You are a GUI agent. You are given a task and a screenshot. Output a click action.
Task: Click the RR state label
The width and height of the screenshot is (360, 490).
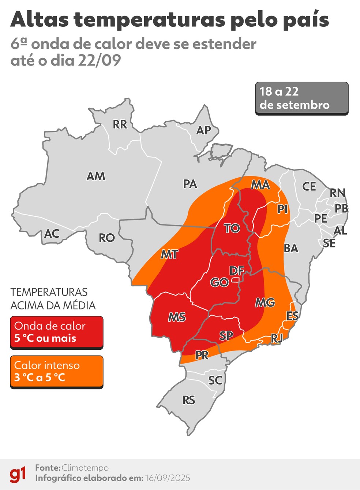click(x=120, y=125)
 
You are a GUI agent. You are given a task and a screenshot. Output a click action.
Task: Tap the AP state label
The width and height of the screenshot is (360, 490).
click(x=203, y=130)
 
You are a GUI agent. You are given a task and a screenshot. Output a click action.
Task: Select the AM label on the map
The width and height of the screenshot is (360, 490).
click(x=96, y=176)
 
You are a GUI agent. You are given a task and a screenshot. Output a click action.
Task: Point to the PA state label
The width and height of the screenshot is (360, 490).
click(x=190, y=184)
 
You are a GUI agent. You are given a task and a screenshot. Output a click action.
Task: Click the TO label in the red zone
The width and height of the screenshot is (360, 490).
click(x=232, y=229)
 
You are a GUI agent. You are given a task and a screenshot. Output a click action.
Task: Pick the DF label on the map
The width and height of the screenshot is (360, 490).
click(x=237, y=271)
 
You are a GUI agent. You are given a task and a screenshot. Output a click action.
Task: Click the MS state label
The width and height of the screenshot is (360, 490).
click(x=177, y=317)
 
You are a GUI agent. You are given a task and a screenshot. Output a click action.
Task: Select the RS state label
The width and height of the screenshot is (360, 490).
click(x=189, y=400)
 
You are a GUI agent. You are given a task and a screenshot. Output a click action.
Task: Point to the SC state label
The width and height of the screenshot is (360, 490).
click(x=215, y=381)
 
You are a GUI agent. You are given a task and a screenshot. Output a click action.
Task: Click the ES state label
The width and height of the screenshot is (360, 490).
click(x=292, y=316)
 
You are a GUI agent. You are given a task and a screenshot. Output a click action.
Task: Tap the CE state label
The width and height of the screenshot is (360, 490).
click(x=309, y=187)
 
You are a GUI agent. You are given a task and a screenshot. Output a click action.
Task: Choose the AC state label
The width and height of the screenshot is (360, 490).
click(x=52, y=234)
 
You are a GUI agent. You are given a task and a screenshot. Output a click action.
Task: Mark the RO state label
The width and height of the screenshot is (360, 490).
click(x=107, y=238)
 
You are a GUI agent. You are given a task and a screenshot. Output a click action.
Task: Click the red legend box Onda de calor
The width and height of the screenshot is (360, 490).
click(x=57, y=332)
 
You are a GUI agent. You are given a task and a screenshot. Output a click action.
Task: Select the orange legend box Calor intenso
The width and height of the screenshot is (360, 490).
click(x=57, y=371)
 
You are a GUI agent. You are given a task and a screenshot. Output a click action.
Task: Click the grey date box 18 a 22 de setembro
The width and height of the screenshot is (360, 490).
click(x=301, y=98)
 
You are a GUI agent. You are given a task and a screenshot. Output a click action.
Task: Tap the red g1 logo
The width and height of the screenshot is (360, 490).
click(x=18, y=474)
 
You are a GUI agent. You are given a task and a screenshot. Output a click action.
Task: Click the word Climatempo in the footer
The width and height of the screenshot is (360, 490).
click(x=85, y=468)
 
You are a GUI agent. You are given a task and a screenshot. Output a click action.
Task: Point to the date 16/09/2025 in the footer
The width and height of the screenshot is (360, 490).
click(x=168, y=478)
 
